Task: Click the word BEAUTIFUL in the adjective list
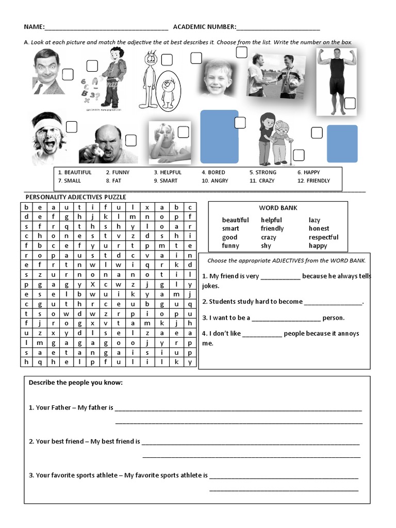[78, 172]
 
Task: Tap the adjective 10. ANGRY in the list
[215, 180]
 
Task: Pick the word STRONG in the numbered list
[266, 172]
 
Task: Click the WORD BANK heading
[278, 208]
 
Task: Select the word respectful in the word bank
[323, 237]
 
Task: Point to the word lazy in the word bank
[315, 220]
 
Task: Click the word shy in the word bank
[266, 246]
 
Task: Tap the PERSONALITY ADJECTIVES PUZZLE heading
[76, 197]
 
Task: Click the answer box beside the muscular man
[350, 103]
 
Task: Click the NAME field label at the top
[34, 27]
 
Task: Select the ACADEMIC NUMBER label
[204, 27]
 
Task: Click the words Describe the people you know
[76, 383]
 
